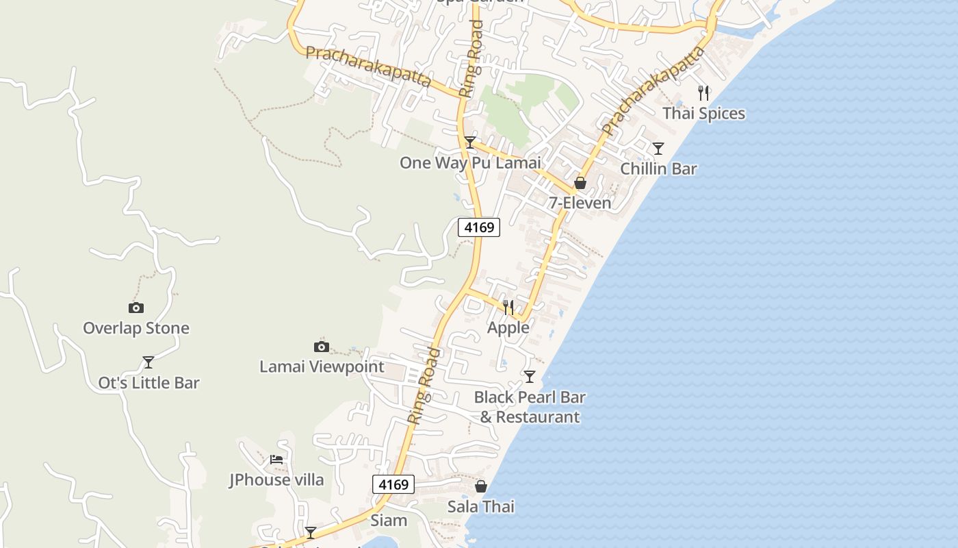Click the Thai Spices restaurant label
tap(703, 114)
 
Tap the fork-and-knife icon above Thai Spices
tap(703, 93)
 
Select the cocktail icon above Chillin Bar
tap(658, 149)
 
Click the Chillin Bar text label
tap(658, 169)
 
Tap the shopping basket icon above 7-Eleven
tap(580, 183)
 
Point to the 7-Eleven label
tap(580, 203)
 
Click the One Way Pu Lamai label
tap(470, 163)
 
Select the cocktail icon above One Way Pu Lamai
tap(470, 142)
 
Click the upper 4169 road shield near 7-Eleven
tap(479, 227)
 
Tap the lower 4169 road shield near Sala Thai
tap(393, 485)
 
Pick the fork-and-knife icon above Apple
tap(508, 308)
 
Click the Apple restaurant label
tap(508, 327)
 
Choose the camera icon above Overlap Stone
tap(136, 308)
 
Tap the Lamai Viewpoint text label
tap(322, 367)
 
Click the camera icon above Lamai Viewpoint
tap(322, 347)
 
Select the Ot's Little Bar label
tap(148, 383)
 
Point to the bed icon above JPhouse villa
tap(276, 460)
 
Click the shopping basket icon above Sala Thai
tap(481, 486)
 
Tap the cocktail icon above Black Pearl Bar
tap(530, 377)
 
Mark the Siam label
tap(389, 521)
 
